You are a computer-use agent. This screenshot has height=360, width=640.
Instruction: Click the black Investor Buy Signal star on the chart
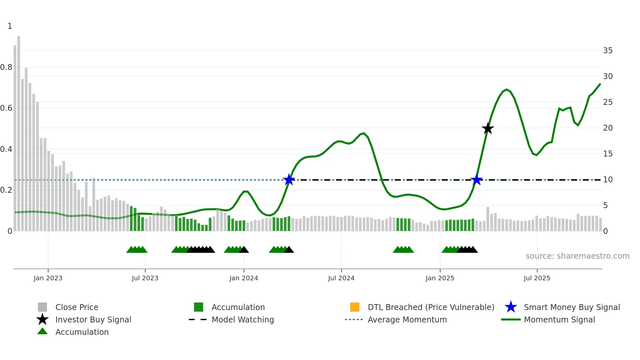click(x=488, y=128)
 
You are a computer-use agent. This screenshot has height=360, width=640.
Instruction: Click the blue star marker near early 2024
click(x=289, y=180)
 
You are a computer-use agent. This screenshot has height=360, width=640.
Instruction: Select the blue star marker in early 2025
click(x=477, y=180)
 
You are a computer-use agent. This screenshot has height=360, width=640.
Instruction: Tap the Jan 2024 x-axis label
click(x=244, y=278)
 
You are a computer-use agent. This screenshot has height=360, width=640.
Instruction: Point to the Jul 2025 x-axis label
click(x=537, y=278)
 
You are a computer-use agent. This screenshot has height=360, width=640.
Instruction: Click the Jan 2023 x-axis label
click(x=48, y=278)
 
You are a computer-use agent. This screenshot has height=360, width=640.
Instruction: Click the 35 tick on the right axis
click(x=608, y=51)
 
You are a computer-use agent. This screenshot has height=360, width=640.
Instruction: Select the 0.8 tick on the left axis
click(x=7, y=67)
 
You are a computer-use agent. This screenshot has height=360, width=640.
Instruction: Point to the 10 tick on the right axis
click(x=608, y=180)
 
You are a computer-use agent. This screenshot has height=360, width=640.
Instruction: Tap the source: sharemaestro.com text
click(x=577, y=256)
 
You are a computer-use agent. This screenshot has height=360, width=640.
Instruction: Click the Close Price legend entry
click(x=77, y=307)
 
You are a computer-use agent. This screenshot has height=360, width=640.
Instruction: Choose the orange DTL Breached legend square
click(x=355, y=307)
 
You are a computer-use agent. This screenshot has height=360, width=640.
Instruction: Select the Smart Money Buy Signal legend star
click(x=511, y=307)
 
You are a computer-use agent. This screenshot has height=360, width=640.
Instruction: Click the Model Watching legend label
click(x=243, y=319)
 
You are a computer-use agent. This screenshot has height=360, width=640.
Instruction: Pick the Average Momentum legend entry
click(x=407, y=319)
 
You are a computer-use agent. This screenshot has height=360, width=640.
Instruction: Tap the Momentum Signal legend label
click(x=559, y=319)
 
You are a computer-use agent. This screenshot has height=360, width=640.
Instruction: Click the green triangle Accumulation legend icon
click(x=42, y=331)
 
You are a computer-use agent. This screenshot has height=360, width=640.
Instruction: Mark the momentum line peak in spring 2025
click(x=506, y=90)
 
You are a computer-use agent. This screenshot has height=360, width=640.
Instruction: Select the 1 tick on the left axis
click(x=10, y=26)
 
